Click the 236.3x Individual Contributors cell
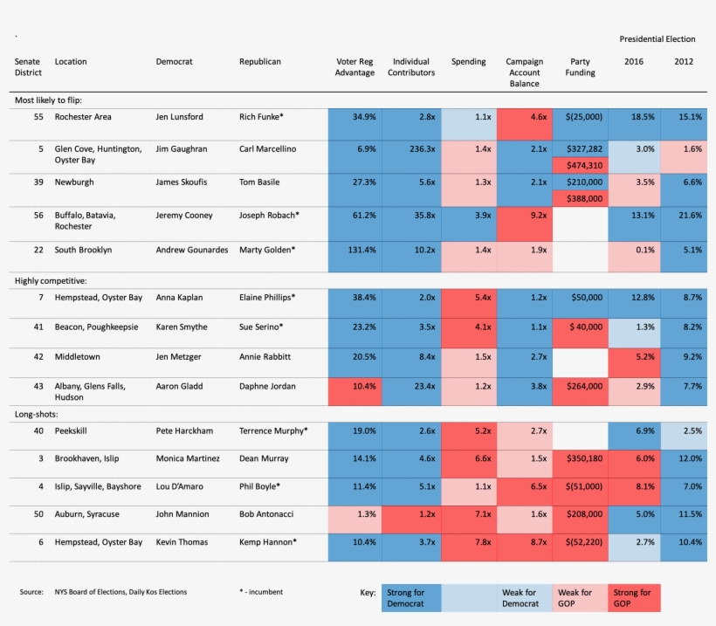pos(410,149)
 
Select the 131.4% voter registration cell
pos(355,250)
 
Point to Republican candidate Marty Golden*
pos(267,250)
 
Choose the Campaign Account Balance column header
pos(525,72)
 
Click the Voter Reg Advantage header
pos(355,67)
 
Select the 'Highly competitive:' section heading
pos(50,280)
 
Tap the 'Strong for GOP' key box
pos(633,598)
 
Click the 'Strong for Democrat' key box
pos(411,598)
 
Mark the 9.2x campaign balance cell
pos(525,215)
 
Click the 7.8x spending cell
pos(468,542)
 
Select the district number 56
pos(38,215)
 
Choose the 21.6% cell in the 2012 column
pos(686,215)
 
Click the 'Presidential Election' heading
pos(657,39)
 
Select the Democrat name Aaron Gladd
pos(176,386)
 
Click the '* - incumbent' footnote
pos(261,592)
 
